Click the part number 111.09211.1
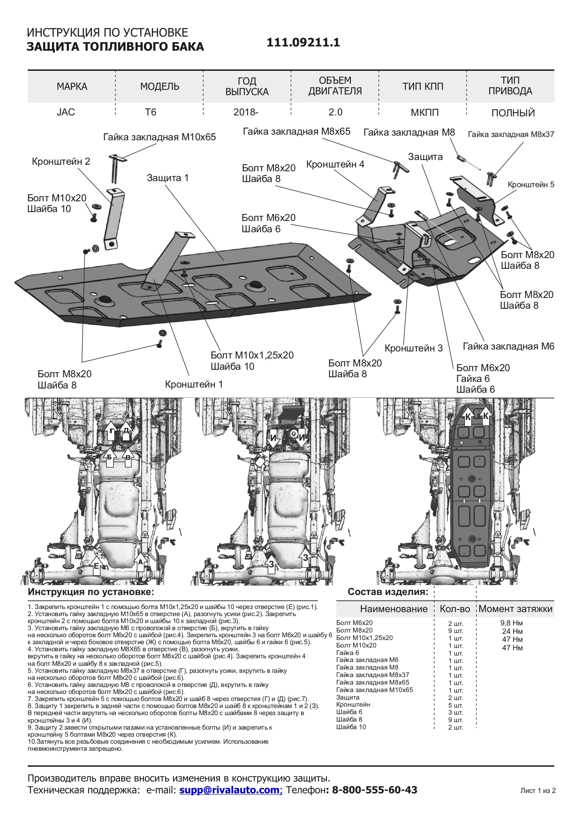[303, 43]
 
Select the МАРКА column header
[72, 87]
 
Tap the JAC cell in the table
[66, 113]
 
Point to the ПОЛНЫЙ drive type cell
[513, 113]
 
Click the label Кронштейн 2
[61, 161]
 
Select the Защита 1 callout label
[167, 178]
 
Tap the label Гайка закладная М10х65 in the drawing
[159, 137]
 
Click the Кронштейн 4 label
[335, 165]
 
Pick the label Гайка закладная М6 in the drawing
[508, 347]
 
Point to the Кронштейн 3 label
[413, 348]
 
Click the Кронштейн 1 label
[194, 384]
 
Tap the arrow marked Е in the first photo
[97, 564]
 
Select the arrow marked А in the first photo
[140, 561]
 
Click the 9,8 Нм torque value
[511, 624]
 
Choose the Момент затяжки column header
[515, 609]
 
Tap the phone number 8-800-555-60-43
[374, 790]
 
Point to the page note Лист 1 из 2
[537, 791]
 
